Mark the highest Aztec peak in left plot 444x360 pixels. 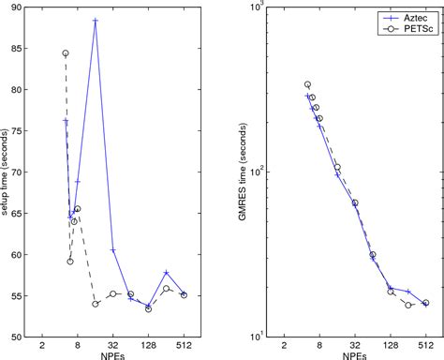(96, 21)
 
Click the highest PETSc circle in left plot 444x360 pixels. (66, 53)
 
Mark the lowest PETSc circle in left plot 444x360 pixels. (148, 308)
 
